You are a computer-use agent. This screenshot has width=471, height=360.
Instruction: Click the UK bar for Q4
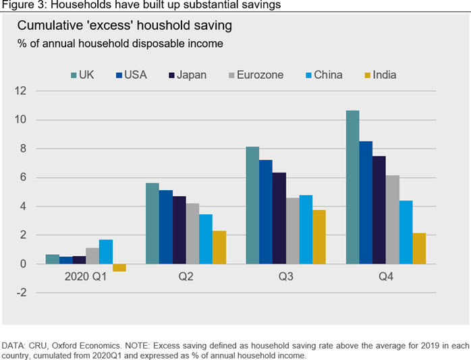pyautogui.click(x=353, y=187)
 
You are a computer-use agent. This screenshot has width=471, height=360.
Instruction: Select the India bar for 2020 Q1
pyautogui.click(x=119, y=268)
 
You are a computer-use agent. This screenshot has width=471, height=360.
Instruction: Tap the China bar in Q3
pyautogui.click(x=306, y=229)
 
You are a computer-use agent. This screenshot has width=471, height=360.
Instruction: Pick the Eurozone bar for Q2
pyautogui.click(x=192, y=234)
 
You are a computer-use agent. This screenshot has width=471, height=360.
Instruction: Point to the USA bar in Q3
pyautogui.click(x=266, y=212)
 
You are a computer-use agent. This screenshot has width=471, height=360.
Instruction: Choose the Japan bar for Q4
pyautogui.click(x=379, y=210)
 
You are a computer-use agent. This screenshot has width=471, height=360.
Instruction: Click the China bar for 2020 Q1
pyautogui.click(x=106, y=251)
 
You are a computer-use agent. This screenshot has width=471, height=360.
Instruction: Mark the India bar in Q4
pyautogui.click(x=419, y=248)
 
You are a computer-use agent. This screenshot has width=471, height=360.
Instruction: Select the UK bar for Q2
pyautogui.click(x=153, y=224)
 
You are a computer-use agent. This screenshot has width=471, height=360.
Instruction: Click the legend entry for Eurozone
pyautogui.click(x=256, y=75)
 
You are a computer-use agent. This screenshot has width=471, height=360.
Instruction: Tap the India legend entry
pyautogui.click(x=381, y=75)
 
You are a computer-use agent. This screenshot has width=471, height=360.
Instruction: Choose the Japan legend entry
pyautogui.click(x=188, y=75)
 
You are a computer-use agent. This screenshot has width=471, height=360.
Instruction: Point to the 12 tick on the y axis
pyautogui.click(x=21, y=90)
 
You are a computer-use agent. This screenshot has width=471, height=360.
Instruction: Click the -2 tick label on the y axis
pyautogui.click(x=22, y=293)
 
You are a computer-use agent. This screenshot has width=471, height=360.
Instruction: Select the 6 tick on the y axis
pyautogui.click(x=23, y=177)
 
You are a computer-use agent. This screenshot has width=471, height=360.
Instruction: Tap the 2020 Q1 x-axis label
pyautogui.click(x=86, y=276)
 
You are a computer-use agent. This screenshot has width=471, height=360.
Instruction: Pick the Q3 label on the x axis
pyautogui.click(x=285, y=276)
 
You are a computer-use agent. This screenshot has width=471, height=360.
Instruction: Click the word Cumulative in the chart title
pyautogui.click(x=50, y=26)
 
